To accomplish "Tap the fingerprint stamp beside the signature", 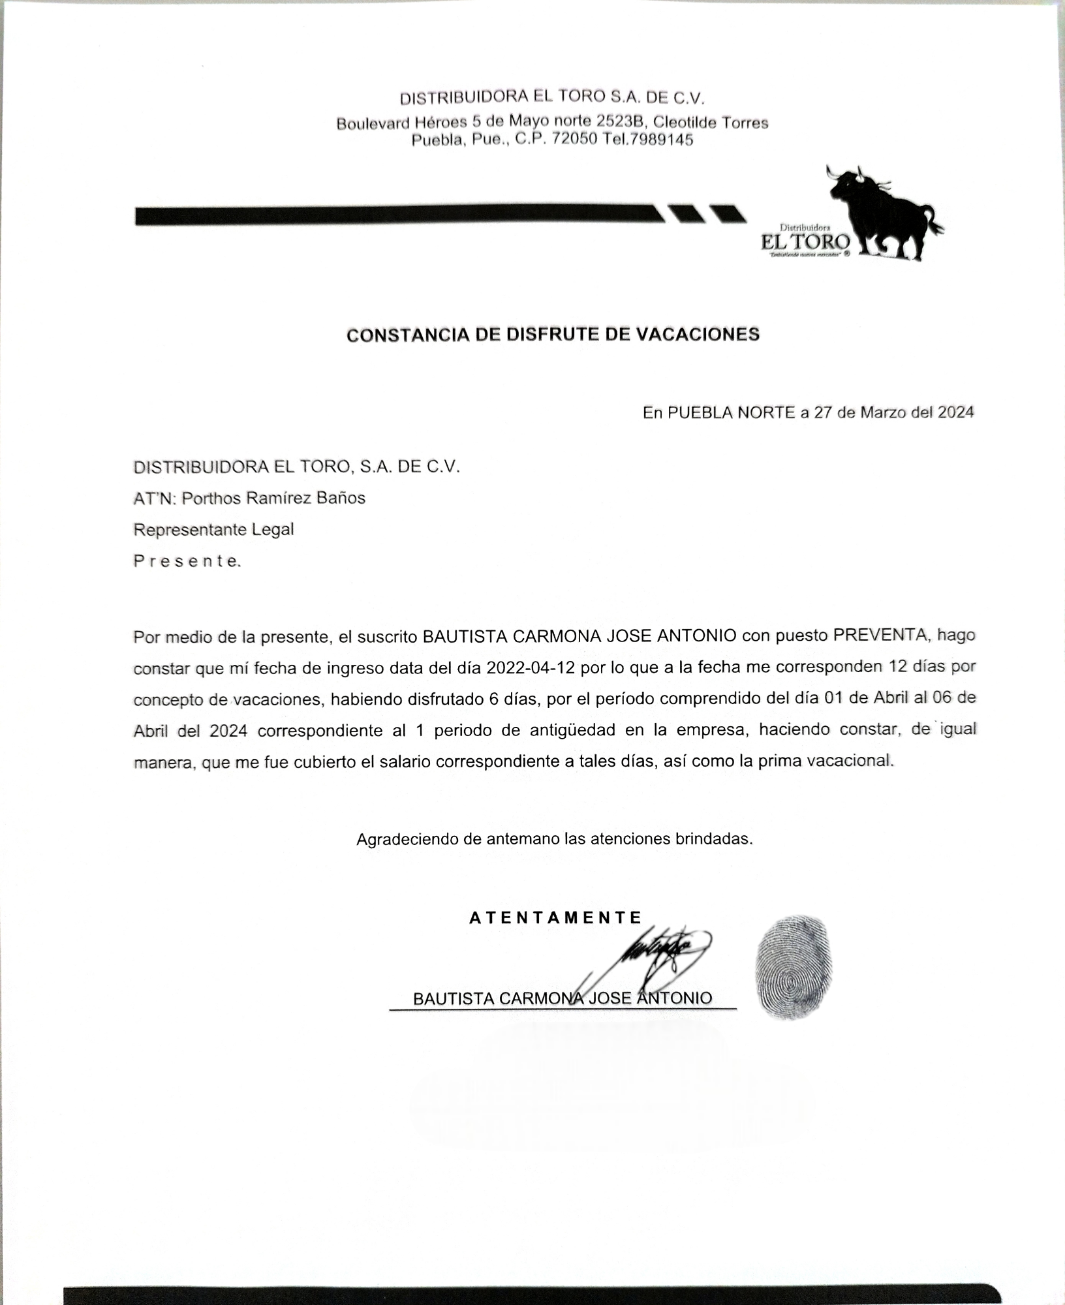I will [x=794, y=967].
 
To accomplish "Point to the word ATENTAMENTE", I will [x=555, y=918].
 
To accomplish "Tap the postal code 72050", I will [x=575, y=140].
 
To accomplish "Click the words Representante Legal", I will [x=213, y=529].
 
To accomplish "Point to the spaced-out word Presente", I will [x=187, y=561].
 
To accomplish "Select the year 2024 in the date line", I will [x=955, y=412].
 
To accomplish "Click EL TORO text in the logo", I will [x=805, y=242].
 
